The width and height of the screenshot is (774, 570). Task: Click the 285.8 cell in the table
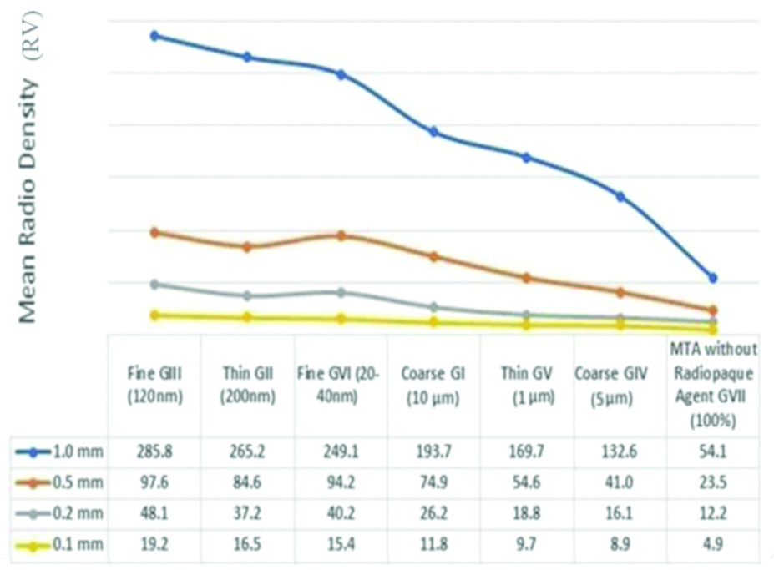(154, 452)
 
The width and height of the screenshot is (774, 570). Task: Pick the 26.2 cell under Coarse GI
(433, 514)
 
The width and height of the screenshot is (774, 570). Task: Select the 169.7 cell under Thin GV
(525, 452)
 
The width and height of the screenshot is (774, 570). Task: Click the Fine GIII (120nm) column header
(154, 385)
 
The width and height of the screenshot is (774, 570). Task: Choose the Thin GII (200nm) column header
(247, 385)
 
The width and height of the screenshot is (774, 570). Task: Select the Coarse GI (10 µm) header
(433, 385)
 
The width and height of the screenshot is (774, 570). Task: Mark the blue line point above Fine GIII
(154, 36)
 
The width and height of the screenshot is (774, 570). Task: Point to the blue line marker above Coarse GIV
(620, 196)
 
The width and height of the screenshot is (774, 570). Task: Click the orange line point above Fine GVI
(341, 235)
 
